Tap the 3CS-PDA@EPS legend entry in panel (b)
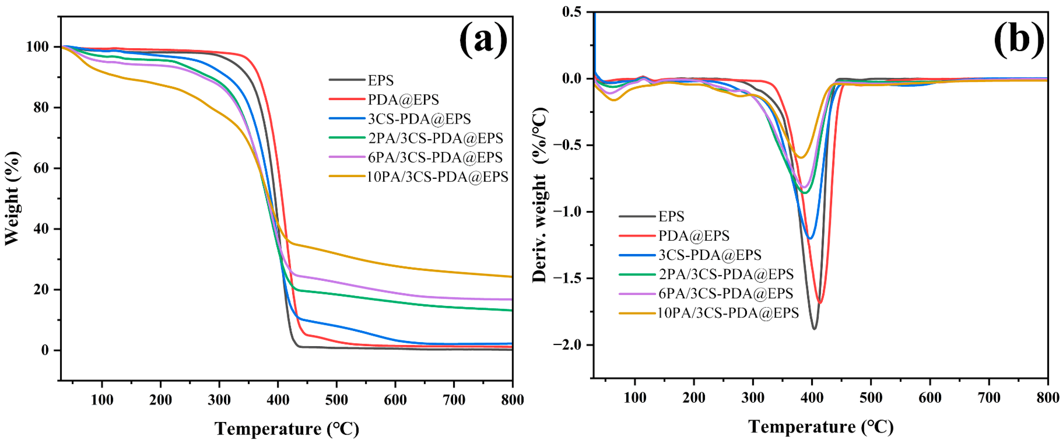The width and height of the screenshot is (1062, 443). pos(710,255)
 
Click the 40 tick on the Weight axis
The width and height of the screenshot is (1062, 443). pos(41,229)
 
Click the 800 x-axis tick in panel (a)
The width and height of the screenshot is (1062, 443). pos(512,399)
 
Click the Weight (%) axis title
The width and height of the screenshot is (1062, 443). pos(12,198)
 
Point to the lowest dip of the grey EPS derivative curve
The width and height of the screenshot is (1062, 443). pos(814,329)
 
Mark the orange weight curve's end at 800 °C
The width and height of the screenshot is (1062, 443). pos(511,277)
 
